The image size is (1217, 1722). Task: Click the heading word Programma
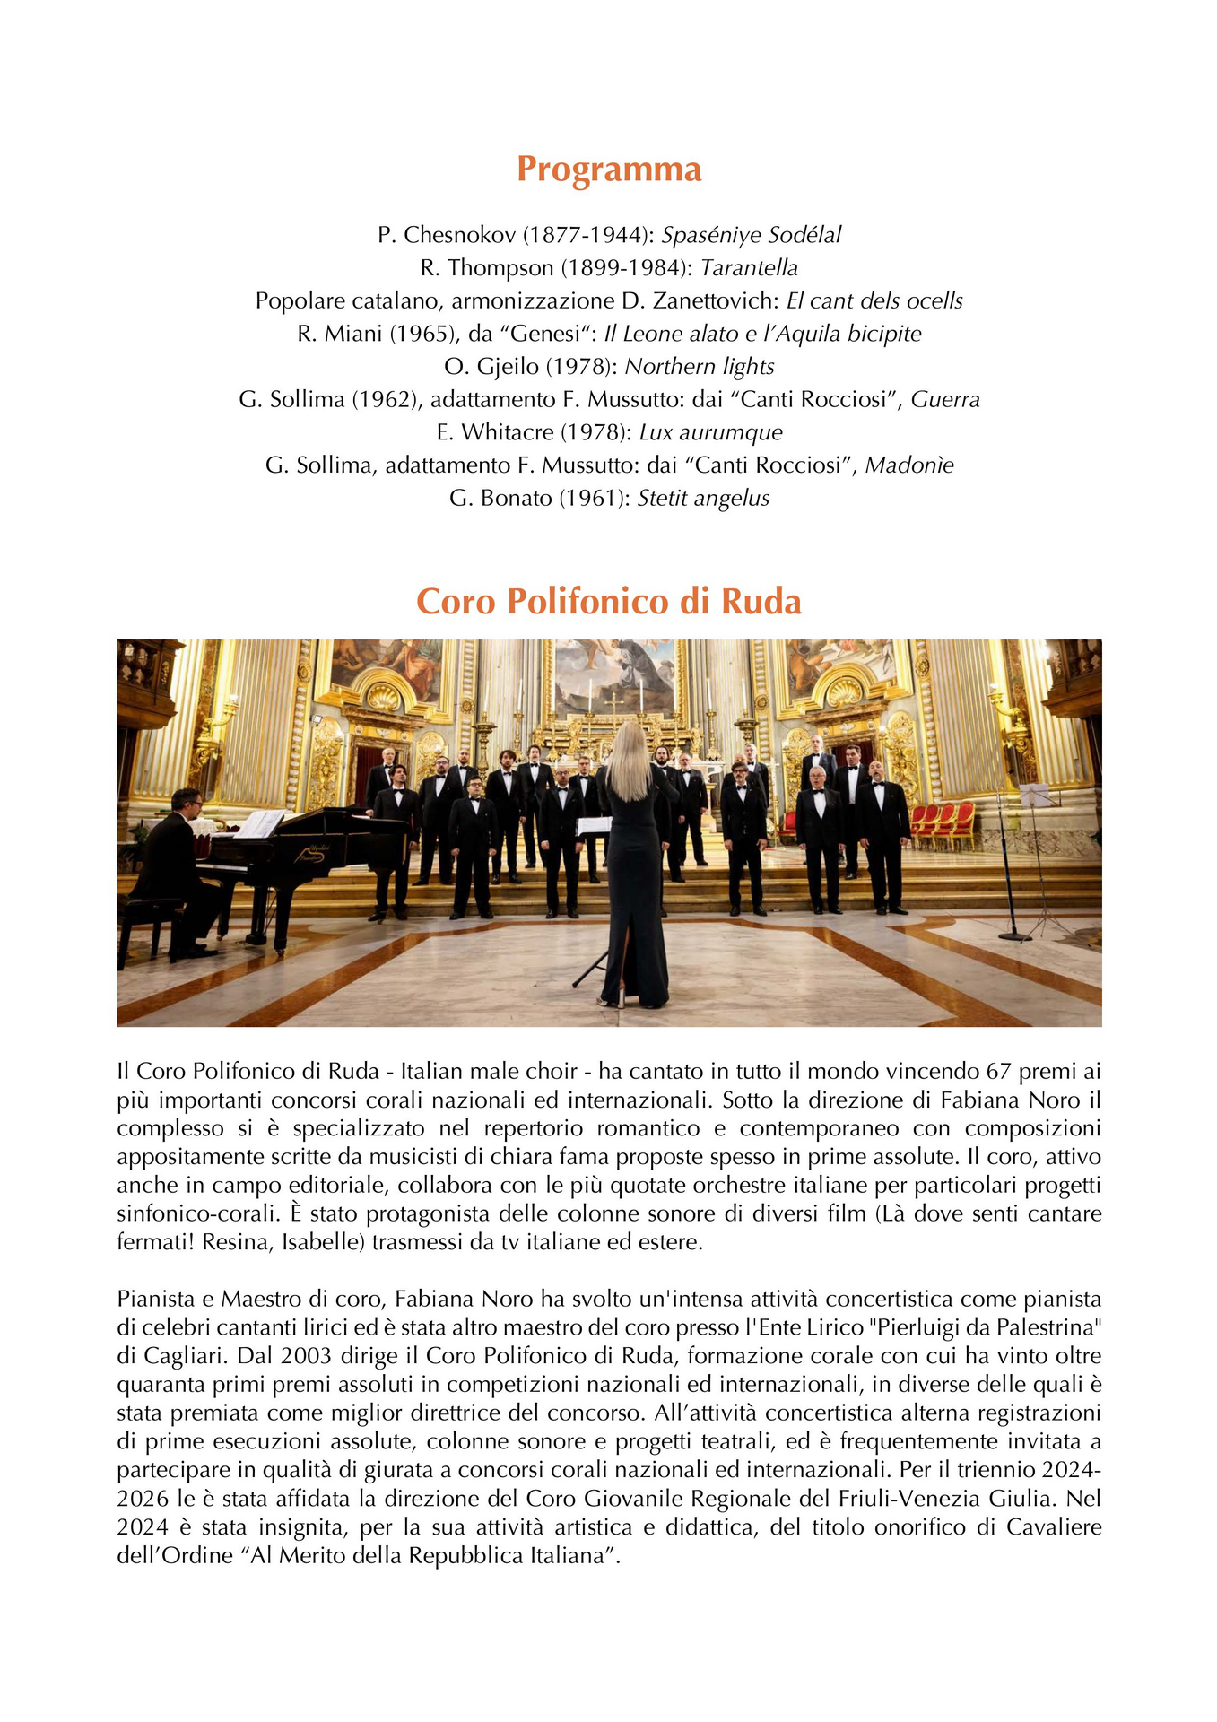tap(608, 170)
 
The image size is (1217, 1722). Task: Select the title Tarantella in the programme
tap(749, 268)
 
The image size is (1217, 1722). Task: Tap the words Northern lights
tap(700, 367)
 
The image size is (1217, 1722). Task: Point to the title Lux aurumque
tap(710, 433)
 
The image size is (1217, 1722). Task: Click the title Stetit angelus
tap(703, 499)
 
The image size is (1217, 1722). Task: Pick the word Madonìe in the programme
tap(908, 465)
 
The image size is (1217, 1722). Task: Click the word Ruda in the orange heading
tap(761, 602)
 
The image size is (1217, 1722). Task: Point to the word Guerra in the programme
tap(945, 400)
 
